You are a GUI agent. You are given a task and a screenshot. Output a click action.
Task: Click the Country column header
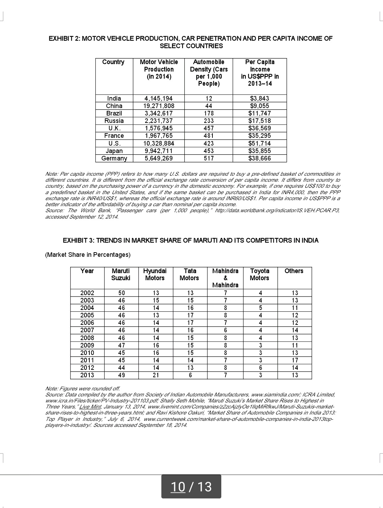pyautogui.click(x=113, y=62)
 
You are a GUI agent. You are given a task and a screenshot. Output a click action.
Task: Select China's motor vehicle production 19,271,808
pyautogui.click(x=159, y=106)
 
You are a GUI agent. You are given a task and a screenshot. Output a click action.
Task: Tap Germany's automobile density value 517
pyautogui.click(x=209, y=158)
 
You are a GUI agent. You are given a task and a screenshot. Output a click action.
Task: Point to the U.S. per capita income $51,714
pyautogui.click(x=260, y=143)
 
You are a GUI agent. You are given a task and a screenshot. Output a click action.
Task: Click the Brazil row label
pyautogui.click(x=114, y=113)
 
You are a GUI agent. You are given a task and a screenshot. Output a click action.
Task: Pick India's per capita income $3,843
pyautogui.click(x=260, y=98)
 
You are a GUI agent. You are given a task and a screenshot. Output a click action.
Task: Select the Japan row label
pyautogui.click(x=114, y=151)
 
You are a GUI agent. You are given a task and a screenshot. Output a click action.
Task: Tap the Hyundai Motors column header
pyautogui.click(x=155, y=275)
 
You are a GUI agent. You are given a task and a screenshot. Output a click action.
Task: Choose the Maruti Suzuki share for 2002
pyautogui.click(x=121, y=293)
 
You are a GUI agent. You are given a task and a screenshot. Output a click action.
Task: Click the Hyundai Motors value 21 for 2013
pyautogui.click(x=156, y=375)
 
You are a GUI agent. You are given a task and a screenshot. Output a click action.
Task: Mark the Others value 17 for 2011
pyautogui.click(x=295, y=360)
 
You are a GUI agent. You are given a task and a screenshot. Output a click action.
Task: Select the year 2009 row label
pyautogui.click(x=87, y=345)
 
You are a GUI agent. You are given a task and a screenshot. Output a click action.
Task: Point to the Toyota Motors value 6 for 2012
pyautogui.click(x=260, y=368)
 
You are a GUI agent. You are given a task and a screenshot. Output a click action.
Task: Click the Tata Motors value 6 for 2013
pyautogui.click(x=190, y=375)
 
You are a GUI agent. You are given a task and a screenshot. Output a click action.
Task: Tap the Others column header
pyautogui.click(x=294, y=271)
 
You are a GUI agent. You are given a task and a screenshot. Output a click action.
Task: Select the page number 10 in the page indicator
pyautogui.click(x=178, y=487)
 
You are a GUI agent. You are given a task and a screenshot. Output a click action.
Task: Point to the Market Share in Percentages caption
pyautogui.click(x=88, y=255)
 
